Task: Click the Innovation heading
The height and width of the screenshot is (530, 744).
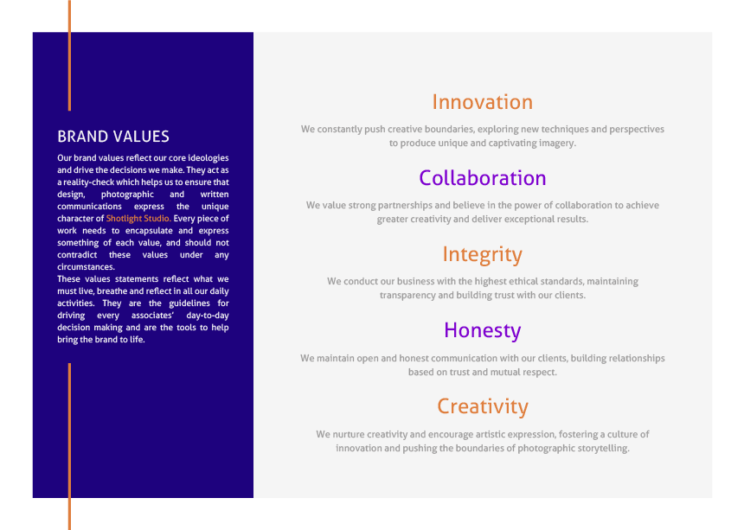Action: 482,102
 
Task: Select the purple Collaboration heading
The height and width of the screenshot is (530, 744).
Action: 483,178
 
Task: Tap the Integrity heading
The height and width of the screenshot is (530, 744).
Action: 482,255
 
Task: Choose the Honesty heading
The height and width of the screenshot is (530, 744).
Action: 482,331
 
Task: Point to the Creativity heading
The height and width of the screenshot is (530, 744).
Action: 483,406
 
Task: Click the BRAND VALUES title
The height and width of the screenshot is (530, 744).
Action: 113,137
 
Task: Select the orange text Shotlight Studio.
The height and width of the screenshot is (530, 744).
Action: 138,219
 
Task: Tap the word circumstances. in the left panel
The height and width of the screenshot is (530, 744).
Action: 86,267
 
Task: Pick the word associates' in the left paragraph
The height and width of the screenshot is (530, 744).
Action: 152,316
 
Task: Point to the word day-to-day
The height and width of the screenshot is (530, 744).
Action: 208,316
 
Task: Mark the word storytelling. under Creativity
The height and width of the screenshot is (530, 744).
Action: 604,449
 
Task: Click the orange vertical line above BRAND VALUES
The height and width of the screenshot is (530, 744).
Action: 70,55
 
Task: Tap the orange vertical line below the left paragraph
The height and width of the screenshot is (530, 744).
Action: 70,446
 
